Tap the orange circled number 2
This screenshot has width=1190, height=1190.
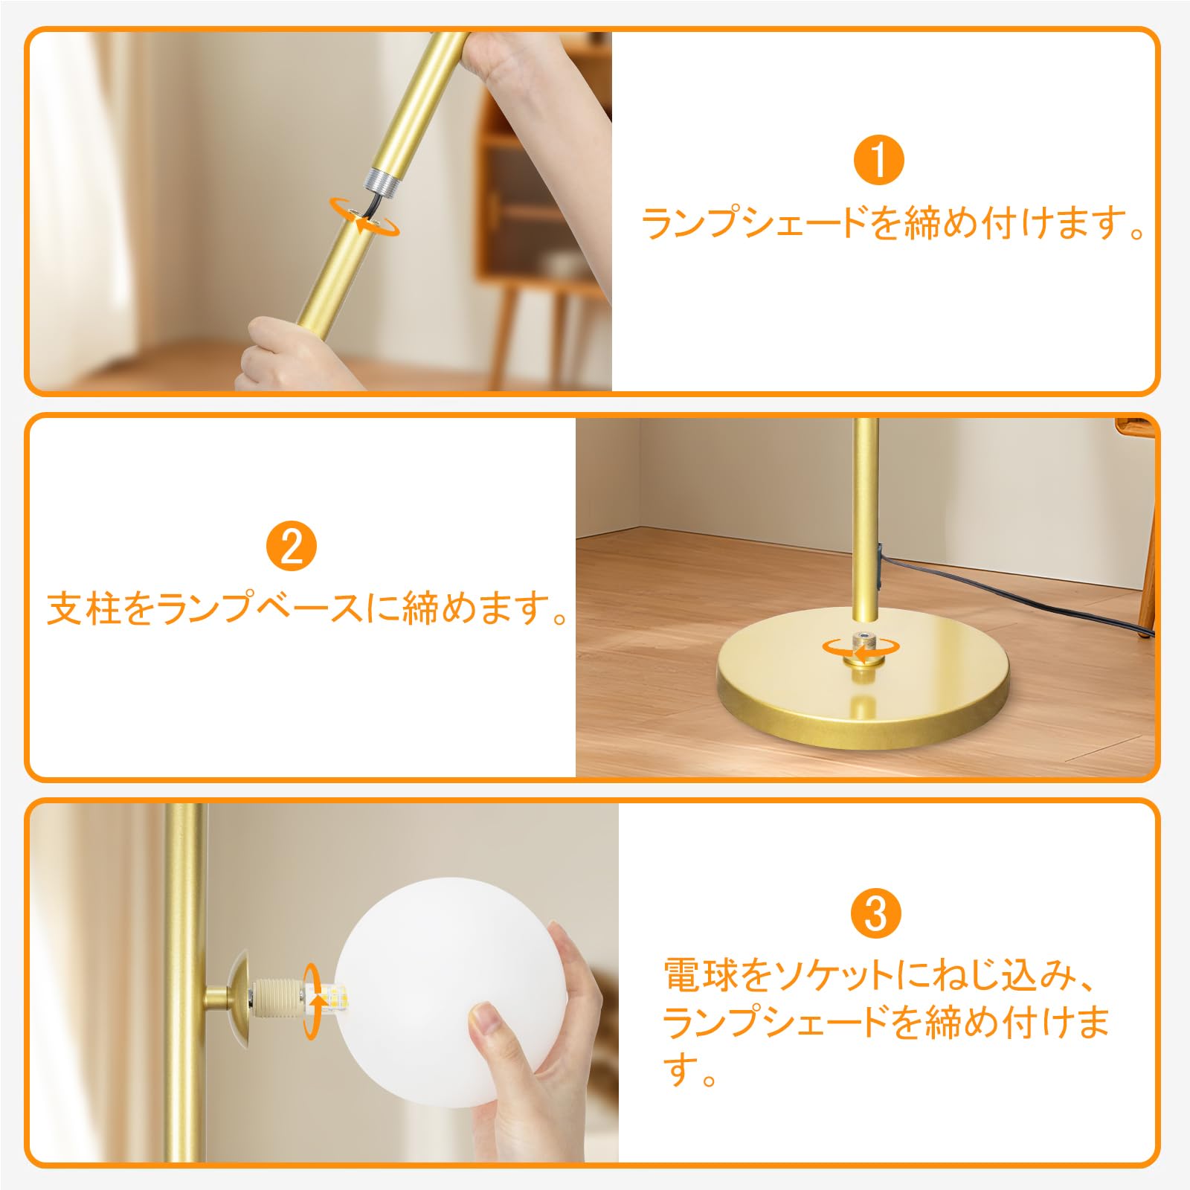pos(292,547)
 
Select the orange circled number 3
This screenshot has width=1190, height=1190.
pos(876,914)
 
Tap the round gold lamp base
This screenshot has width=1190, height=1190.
pos(863,692)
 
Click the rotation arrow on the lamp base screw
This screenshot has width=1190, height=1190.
pos(861,649)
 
